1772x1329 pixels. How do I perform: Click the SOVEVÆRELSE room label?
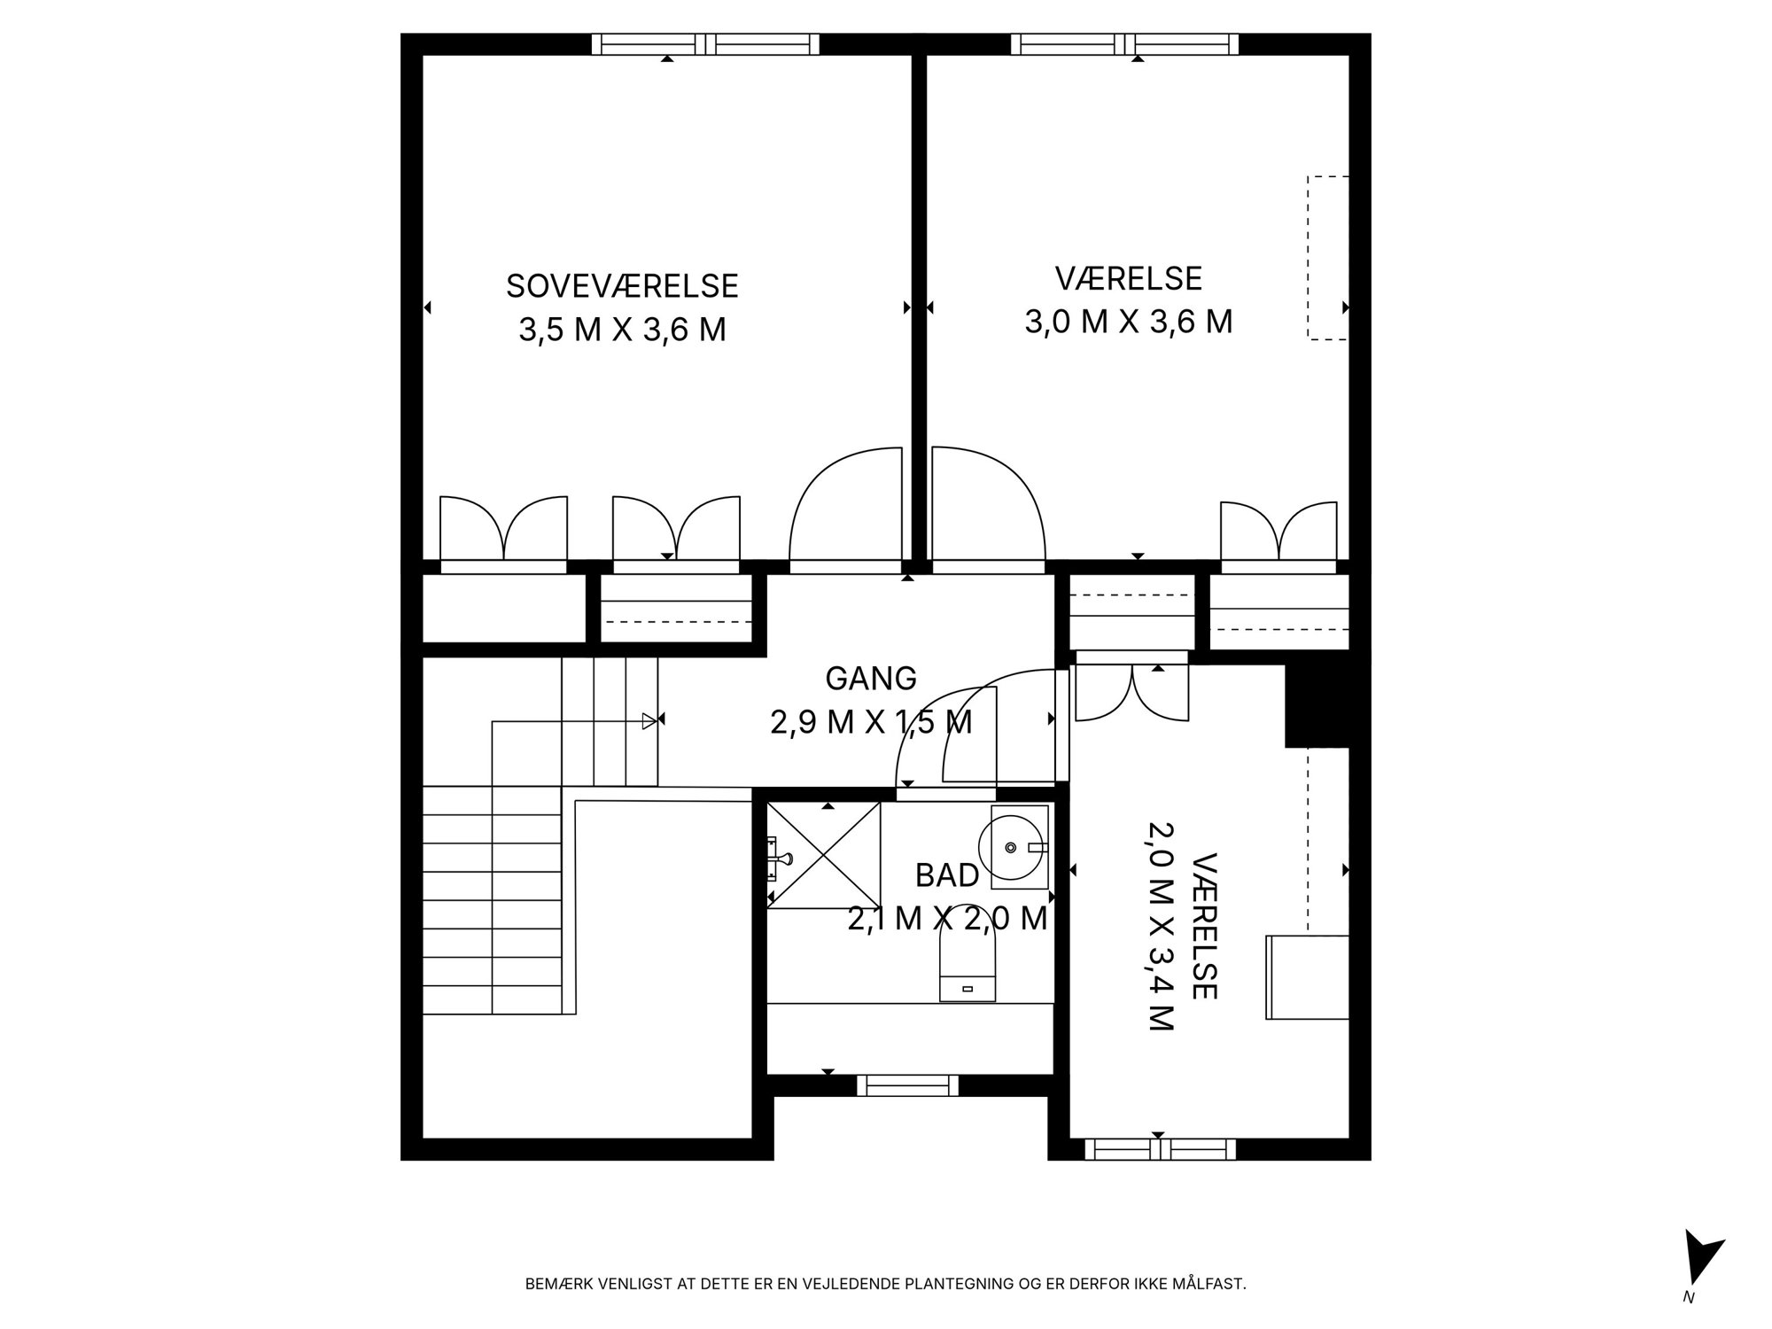622,286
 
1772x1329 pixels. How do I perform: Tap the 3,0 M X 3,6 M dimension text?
1129,322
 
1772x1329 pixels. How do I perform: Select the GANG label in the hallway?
871,679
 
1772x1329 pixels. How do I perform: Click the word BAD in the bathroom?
947,875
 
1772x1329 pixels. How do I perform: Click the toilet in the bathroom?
967,968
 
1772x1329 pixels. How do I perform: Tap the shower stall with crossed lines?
824,855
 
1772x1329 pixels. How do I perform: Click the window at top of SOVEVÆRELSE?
705,44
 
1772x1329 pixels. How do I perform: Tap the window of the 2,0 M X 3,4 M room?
1160,1149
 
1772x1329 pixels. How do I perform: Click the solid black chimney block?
1317,706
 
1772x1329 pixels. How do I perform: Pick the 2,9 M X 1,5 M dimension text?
871,723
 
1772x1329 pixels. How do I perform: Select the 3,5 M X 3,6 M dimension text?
622,330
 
